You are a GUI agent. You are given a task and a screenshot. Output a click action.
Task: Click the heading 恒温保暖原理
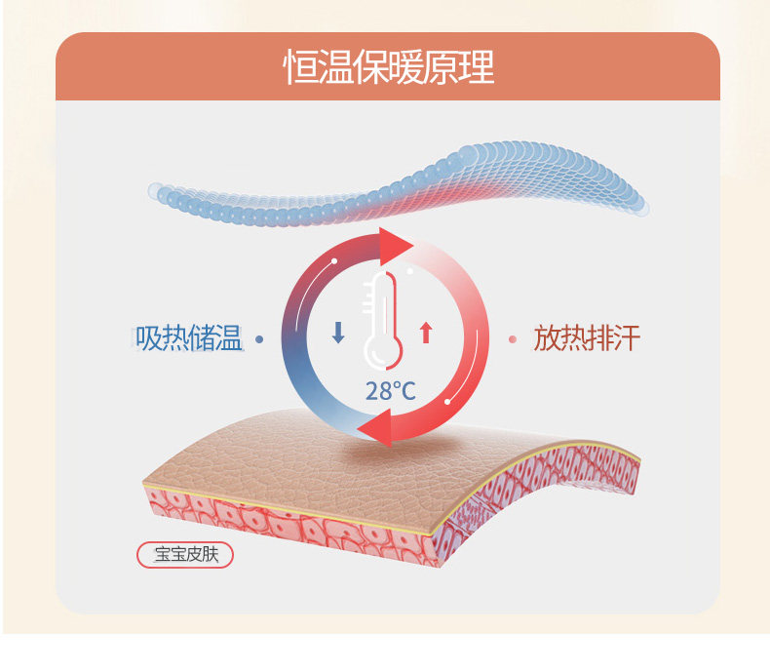pos(389,67)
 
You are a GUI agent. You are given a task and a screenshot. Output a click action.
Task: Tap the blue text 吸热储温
pos(189,339)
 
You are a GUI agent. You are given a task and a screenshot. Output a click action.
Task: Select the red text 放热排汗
pos(587,338)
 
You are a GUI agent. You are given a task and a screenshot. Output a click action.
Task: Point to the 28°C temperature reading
pos(390,392)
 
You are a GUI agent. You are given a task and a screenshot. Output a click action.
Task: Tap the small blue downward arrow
pos(338,333)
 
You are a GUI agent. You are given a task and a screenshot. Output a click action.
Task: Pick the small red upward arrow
pos(425,333)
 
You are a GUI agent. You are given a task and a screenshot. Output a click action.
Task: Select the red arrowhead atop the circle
pos(396,245)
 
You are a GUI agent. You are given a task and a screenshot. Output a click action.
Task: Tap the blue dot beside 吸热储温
pos(259,339)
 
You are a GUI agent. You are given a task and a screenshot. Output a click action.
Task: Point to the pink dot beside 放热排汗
pos(513,339)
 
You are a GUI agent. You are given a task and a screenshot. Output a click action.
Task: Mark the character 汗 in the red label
pos(627,338)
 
